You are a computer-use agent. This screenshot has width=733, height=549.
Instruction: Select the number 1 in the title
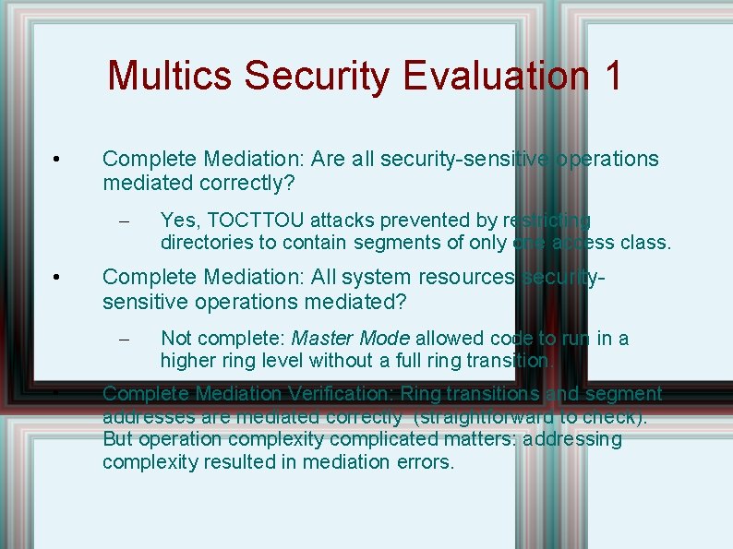point(612,76)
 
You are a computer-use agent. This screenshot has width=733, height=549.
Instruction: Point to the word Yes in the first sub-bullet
point(178,220)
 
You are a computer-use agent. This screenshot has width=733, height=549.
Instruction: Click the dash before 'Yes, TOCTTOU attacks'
point(127,221)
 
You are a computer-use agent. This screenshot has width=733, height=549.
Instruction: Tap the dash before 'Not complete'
point(127,340)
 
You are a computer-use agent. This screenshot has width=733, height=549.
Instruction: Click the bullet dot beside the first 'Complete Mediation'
point(57,160)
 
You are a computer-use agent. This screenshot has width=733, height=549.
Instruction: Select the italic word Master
point(320,338)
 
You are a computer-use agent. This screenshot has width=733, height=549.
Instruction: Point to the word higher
point(186,360)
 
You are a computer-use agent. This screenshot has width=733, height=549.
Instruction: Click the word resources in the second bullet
point(463,277)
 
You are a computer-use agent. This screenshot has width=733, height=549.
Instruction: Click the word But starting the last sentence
point(118,439)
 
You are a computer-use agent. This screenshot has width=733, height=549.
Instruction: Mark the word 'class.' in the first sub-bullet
point(646,243)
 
